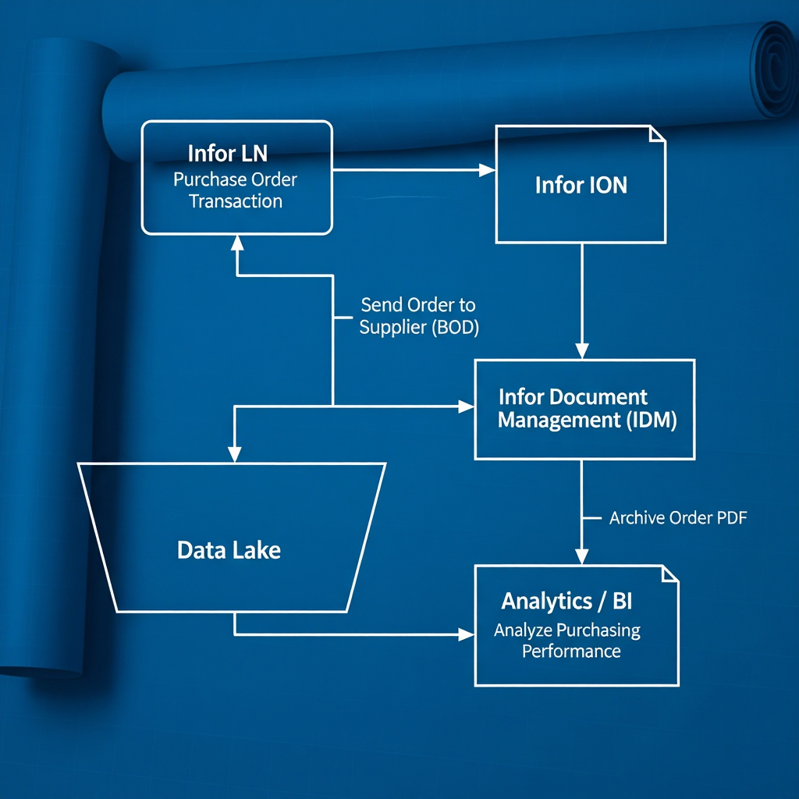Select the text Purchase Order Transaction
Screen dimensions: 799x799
(235, 190)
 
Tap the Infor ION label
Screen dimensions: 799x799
(581, 185)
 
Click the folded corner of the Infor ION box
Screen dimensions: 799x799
(657, 133)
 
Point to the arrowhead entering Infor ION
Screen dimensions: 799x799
(488, 169)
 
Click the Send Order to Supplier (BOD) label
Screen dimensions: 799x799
(418, 316)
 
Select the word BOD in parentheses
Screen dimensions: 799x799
(454, 328)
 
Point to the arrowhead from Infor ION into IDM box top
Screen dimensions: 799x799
(581, 351)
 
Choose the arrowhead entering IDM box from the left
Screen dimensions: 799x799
(467, 406)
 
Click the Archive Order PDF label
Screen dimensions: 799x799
(678, 517)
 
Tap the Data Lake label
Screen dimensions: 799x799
(229, 550)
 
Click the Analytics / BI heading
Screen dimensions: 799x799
(567, 602)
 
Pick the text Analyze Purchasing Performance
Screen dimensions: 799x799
(567, 640)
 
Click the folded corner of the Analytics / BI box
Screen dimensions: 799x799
(669, 574)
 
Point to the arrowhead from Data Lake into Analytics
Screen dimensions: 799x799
(467, 634)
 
